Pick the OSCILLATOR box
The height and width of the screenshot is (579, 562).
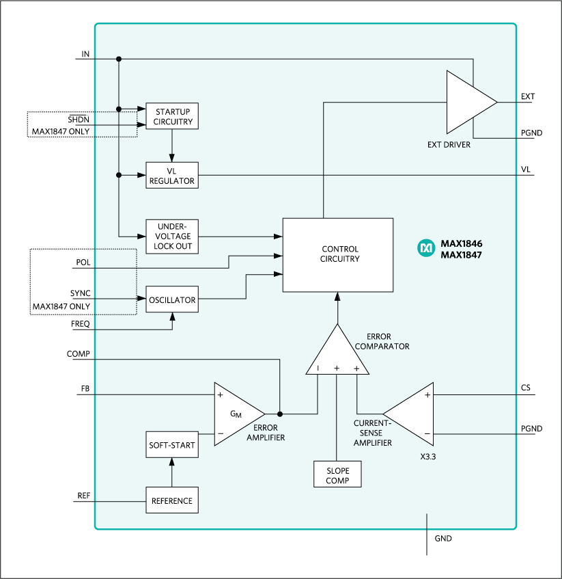(x=172, y=299)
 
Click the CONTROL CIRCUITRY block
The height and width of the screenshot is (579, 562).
(x=338, y=254)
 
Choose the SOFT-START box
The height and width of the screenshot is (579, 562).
(x=171, y=445)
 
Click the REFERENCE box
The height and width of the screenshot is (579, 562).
(x=171, y=500)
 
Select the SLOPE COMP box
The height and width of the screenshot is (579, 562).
(x=337, y=475)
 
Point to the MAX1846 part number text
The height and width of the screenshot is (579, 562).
(x=462, y=243)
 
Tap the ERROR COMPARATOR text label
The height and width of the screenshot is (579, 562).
(x=388, y=341)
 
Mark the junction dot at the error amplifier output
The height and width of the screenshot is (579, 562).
(x=280, y=414)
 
